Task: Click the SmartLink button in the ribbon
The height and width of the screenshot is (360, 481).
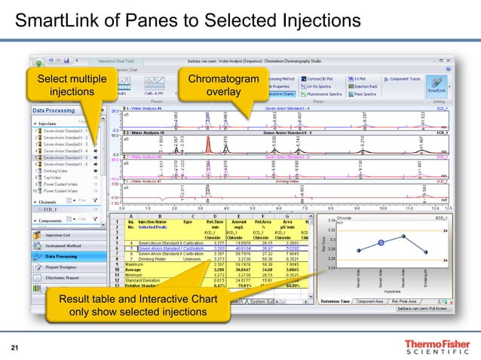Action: (435, 85)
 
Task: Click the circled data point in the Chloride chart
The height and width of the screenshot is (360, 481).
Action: (381, 243)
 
